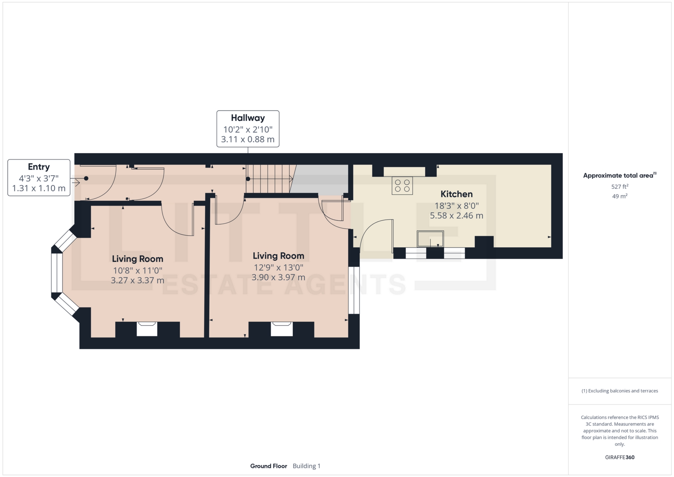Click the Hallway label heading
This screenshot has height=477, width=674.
[248, 118]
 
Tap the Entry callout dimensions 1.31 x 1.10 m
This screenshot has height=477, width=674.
[39, 188]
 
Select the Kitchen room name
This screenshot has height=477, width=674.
[456, 194]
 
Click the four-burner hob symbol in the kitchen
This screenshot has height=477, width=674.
[402, 185]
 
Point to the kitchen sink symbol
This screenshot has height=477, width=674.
[430, 238]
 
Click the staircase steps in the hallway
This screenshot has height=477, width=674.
[269, 179]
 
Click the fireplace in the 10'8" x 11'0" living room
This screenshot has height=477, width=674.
[147, 329]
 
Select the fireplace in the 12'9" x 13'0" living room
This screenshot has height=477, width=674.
[282, 329]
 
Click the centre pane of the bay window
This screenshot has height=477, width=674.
[57, 273]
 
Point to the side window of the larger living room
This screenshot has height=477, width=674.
[354, 290]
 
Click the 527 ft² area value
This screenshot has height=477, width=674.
[620, 187]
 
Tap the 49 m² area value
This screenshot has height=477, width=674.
[620, 196]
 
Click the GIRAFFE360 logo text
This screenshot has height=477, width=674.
[620, 457]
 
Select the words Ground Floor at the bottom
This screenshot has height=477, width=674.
[269, 466]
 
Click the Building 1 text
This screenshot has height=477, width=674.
[306, 466]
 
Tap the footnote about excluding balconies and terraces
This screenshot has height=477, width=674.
[620, 391]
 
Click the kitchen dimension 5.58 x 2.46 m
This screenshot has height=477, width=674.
[456, 216]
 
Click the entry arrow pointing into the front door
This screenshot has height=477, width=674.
[75, 182]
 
